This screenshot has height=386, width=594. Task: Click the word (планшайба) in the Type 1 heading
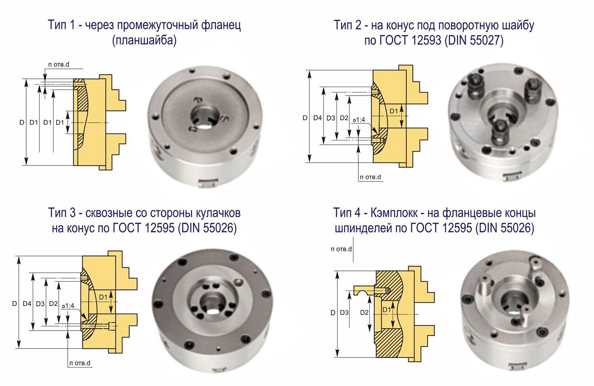click(144, 41)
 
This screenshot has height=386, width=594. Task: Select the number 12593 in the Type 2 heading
click(427, 41)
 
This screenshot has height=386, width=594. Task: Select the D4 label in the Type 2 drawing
click(317, 118)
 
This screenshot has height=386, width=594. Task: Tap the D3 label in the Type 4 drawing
click(344, 313)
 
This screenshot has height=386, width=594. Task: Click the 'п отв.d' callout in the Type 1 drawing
click(58, 64)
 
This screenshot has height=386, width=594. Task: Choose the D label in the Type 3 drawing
click(14, 304)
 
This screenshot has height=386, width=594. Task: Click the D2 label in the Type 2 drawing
click(344, 118)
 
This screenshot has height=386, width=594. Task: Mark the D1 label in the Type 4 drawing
click(387, 309)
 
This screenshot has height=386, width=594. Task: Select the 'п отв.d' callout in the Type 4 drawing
click(341, 249)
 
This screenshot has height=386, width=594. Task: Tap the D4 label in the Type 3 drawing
click(27, 304)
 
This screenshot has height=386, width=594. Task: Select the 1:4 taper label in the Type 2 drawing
click(359, 120)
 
